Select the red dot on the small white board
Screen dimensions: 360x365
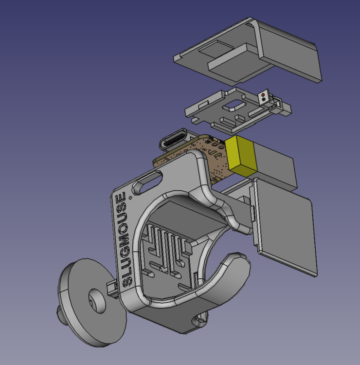(263, 95)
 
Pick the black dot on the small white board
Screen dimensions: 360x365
(264, 100)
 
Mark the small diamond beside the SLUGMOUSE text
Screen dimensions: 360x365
(130, 198)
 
